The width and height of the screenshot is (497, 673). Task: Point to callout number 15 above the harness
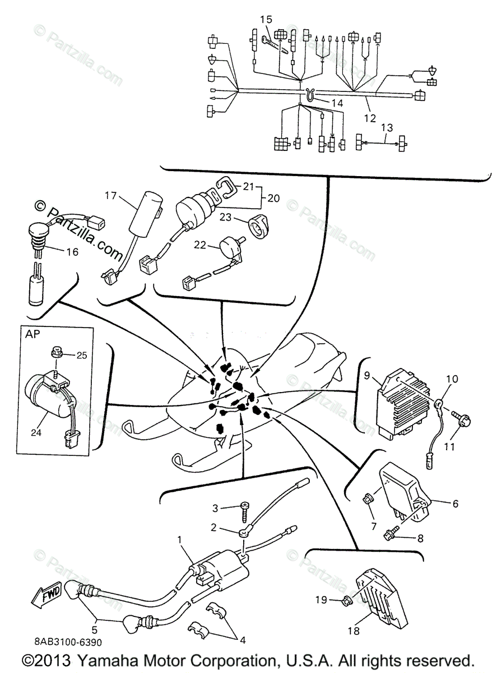coord(266,20)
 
